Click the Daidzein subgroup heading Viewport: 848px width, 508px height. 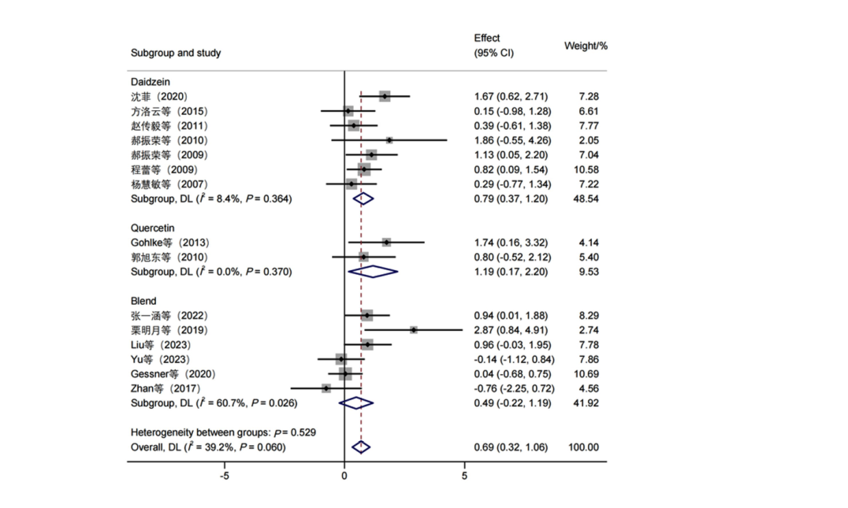point(151,82)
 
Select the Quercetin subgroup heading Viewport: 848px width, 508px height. point(153,228)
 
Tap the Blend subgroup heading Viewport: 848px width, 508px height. point(143,301)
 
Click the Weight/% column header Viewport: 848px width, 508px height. point(586,46)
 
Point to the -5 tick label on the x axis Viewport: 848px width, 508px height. point(224,476)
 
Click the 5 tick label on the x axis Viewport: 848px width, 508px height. point(464,476)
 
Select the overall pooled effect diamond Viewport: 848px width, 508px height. point(361,447)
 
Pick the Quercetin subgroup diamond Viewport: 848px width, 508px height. point(373,272)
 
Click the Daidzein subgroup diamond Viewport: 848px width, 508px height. point(363,199)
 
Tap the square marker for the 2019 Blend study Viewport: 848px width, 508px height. point(414,330)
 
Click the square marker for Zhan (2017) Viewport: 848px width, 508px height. point(326,388)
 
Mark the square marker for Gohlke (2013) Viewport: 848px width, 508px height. point(386,243)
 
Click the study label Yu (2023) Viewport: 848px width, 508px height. point(161,359)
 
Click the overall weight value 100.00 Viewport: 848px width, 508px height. point(583,447)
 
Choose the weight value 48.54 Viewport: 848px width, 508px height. point(586,199)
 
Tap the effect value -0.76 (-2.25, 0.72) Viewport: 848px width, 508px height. point(515,388)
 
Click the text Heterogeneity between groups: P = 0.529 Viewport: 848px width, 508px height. point(223,432)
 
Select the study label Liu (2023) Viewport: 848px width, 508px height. point(161,345)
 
